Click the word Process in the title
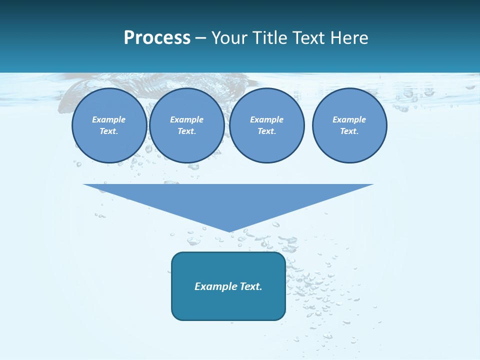click(157, 38)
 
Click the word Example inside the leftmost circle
click(109, 119)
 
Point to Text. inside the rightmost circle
click(349, 131)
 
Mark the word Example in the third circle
click(266, 119)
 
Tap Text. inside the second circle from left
click(186, 131)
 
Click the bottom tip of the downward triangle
click(229, 230)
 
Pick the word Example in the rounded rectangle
click(215, 286)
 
